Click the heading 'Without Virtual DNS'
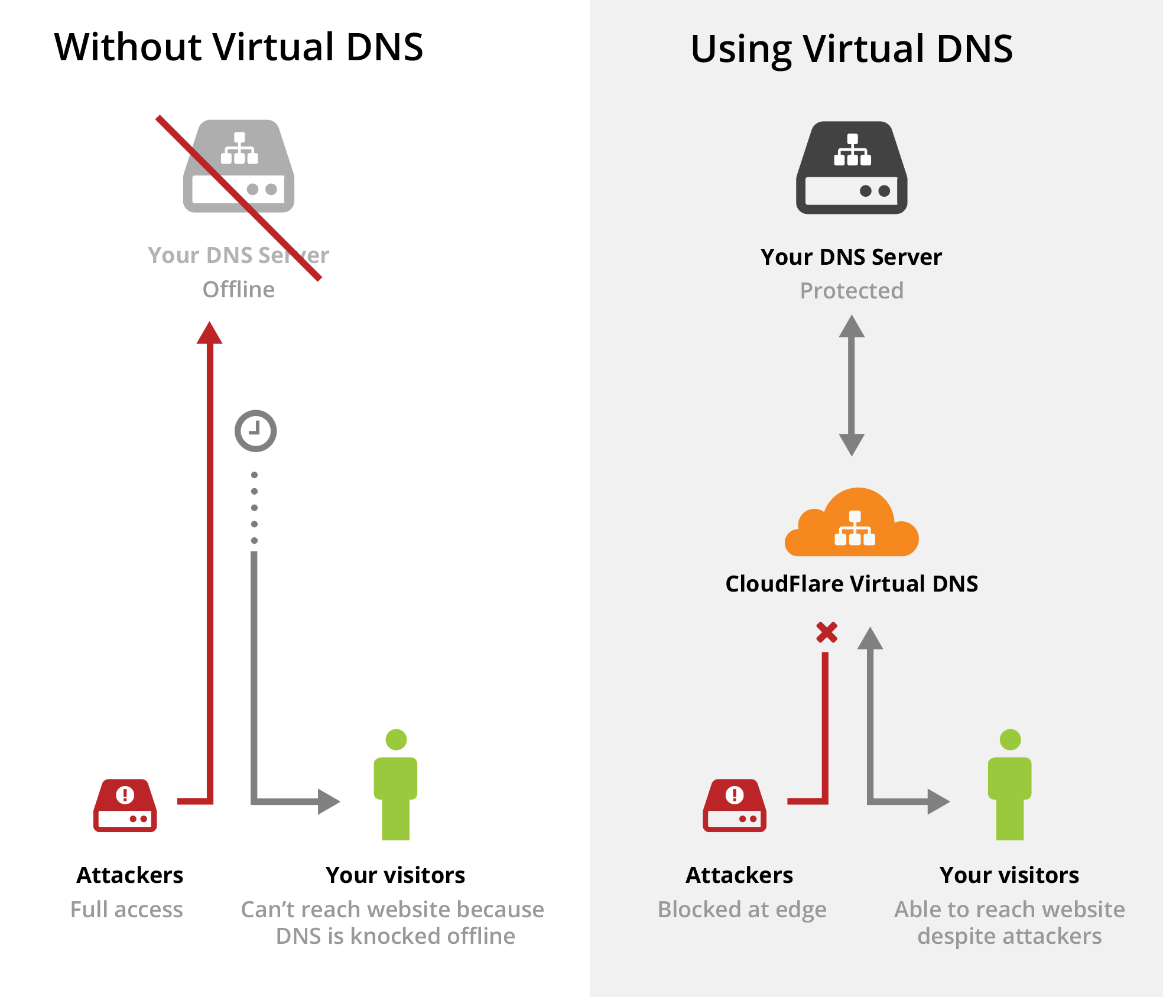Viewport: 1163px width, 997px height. coord(239,47)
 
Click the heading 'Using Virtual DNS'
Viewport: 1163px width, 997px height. coord(851,49)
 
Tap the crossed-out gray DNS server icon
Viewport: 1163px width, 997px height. coord(239,167)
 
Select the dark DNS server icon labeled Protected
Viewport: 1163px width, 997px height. coord(852,168)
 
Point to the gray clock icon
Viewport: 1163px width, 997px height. coord(255,431)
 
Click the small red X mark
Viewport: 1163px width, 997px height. coord(827,632)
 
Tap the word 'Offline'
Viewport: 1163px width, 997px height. coord(239,290)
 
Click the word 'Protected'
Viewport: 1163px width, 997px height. coord(852,291)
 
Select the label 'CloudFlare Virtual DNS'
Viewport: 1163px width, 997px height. coord(852,584)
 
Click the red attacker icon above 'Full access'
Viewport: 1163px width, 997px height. coord(125,806)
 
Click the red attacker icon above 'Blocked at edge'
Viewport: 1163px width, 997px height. coord(735,806)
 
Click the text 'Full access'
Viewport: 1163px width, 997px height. coord(126,910)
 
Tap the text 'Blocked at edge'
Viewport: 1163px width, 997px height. coord(742,910)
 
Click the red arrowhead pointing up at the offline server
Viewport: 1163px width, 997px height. coord(209,333)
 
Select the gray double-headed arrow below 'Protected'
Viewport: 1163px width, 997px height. coord(852,385)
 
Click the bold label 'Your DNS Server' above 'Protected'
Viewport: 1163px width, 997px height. coord(851,257)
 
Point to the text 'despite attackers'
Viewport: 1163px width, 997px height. coord(1009,936)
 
